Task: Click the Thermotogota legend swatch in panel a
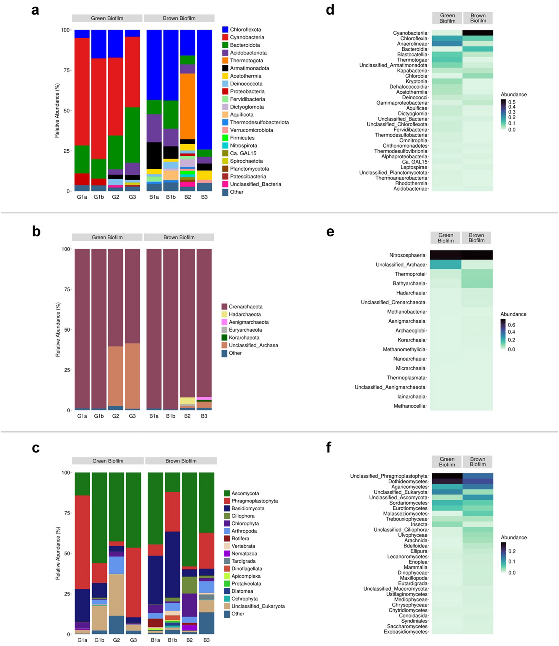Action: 225,61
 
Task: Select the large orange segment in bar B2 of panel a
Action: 188,106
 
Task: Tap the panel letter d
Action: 330,10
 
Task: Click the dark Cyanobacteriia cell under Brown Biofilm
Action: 478,33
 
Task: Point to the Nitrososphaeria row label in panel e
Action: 407,255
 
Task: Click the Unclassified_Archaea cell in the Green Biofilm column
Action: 445,265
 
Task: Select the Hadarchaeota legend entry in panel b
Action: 244,314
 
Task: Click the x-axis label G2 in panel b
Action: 115,416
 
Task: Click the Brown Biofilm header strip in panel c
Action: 181,461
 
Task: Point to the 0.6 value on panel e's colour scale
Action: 511,325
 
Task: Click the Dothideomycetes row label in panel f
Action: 408,482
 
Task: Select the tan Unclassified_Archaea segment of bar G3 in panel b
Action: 132,376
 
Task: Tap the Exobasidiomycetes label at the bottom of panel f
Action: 406,632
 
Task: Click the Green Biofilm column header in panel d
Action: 447,18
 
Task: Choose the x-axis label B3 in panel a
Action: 204,197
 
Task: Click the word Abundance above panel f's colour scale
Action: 514,537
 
